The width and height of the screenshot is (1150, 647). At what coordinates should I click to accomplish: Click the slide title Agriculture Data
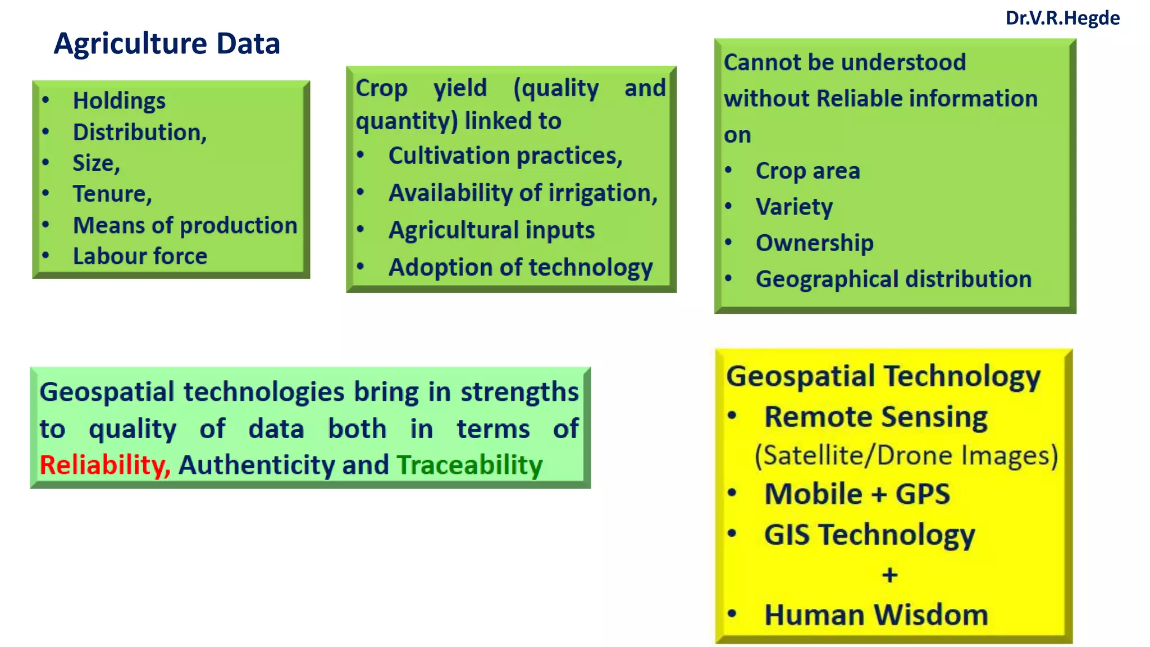click(167, 43)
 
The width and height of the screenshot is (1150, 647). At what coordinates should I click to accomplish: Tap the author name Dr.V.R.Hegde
click(1062, 18)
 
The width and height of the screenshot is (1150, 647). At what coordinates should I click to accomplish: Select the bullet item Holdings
click(119, 101)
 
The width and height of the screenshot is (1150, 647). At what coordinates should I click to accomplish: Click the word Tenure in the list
click(112, 194)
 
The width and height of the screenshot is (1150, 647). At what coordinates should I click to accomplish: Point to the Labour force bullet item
click(140, 256)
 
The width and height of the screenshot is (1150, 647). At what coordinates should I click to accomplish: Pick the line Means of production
click(185, 225)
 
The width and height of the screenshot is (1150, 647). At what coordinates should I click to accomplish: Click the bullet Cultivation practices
click(505, 156)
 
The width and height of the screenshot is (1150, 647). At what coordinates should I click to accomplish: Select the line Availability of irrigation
click(523, 193)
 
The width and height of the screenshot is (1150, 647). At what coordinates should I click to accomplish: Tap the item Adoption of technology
click(521, 267)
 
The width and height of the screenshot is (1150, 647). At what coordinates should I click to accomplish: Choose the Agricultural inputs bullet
click(491, 230)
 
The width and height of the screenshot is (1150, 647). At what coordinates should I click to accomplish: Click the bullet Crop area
click(807, 171)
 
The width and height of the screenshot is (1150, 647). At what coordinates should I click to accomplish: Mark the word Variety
click(794, 207)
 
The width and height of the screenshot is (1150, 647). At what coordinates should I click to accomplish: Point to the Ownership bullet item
click(814, 243)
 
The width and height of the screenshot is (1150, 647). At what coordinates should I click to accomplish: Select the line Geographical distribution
click(893, 279)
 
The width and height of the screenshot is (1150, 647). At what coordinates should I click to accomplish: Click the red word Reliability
click(104, 465)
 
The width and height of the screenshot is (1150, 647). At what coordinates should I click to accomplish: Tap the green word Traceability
click(469, 465)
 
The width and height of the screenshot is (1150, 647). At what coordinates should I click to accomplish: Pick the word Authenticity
click(257, 465)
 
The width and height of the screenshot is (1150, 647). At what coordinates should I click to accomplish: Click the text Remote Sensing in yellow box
click(875, 417)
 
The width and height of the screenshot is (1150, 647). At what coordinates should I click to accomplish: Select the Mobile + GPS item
click(857, 494)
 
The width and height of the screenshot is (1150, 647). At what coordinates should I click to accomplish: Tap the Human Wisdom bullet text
click(876, 615)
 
